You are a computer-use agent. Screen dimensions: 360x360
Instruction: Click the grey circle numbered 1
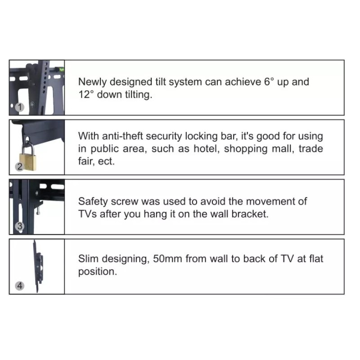20,107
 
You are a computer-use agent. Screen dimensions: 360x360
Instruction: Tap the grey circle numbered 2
20,166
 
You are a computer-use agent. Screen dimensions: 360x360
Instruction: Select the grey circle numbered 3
20,226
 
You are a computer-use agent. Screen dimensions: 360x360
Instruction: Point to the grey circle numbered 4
20,286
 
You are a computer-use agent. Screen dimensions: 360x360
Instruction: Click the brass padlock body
28,162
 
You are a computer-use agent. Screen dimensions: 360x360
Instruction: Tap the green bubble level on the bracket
62,69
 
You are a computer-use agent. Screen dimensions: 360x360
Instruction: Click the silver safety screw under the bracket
38,211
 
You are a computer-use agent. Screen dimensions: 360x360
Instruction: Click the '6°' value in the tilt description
269,81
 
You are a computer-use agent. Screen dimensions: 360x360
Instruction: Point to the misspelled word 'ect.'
106,162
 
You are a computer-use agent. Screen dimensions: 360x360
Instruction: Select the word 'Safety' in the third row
93,202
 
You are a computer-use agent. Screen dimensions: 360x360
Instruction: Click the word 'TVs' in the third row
87,214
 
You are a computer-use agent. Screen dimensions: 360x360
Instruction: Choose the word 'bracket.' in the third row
250,214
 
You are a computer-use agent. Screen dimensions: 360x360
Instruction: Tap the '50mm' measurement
167,259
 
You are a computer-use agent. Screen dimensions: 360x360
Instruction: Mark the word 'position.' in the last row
98,272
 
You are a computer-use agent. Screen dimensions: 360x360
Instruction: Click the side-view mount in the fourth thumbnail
38,266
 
